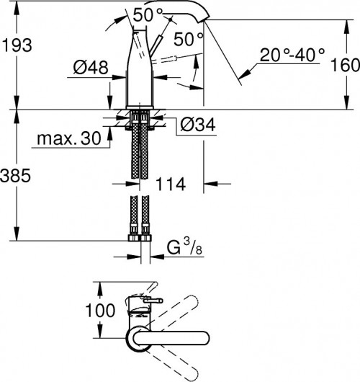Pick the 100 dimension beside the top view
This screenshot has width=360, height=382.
[100, 311]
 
